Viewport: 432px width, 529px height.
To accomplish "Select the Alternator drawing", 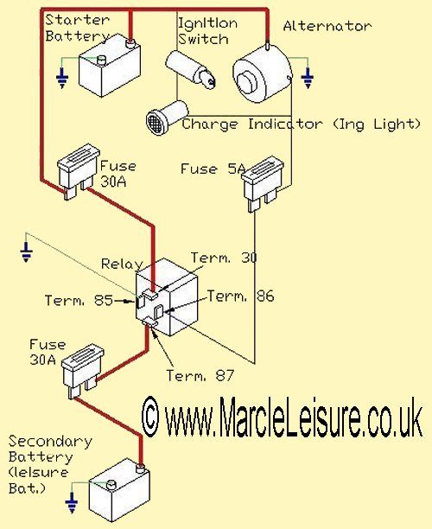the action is coord(263,74).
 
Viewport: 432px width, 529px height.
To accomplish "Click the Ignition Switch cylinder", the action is coord(191,69).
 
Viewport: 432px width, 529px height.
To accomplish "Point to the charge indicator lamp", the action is coord(167,117).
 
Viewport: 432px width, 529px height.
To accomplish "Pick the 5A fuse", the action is coord(264,183).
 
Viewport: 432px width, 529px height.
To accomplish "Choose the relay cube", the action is coord(167,297).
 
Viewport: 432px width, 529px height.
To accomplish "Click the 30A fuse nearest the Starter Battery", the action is coord(79,171).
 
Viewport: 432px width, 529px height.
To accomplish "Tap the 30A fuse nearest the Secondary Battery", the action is coord(83,371).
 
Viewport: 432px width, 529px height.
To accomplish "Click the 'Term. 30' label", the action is coord(224,258).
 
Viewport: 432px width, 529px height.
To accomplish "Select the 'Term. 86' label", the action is coord(240,296).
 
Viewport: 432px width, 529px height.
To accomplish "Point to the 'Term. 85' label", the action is coord(79,300).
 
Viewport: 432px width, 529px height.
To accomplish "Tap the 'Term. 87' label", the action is coord(200,375).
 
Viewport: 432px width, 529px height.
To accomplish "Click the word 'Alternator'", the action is coord(327,26).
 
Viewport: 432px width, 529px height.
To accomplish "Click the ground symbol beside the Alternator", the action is coord(308,79).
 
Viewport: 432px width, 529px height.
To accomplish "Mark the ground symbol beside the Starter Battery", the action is coord(62,79).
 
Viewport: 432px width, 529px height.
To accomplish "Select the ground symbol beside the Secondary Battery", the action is coord(72,503).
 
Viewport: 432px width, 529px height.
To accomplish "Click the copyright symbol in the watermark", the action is coord(150,417).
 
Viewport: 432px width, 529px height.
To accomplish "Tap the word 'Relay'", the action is coord(122,264).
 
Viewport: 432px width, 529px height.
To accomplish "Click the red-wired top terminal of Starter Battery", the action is coord(130,43).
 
